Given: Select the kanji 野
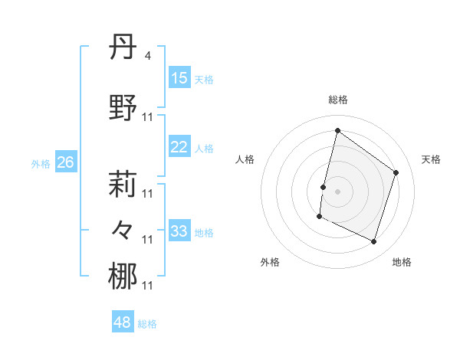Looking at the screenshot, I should coord(123,108).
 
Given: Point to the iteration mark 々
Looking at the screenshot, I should coord(123,229).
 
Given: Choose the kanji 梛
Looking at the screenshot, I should coord(123,277).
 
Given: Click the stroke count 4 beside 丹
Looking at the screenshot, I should coord(148,56).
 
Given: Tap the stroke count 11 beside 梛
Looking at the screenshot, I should coord(148,286).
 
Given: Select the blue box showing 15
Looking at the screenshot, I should coord(179,78).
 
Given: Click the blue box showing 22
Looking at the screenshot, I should coord(179,148).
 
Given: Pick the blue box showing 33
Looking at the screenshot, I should coord(179,231).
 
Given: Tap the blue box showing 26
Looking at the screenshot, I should coord(65,162).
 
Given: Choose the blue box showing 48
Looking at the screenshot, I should coord(122,323).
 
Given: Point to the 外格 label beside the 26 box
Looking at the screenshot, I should coord(41,163).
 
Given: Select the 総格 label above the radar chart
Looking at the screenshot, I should coord(337,100).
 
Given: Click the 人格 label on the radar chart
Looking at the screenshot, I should coord(245,159).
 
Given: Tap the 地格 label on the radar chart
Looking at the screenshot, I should coord(402,262).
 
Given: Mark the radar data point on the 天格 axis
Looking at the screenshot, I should coord(396,172).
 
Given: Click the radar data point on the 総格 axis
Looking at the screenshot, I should coord(337,131).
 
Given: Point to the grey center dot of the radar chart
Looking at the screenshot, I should coord(337,191).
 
